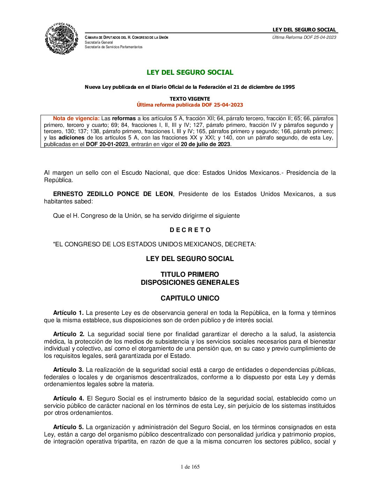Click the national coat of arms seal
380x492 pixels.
pos(61,38)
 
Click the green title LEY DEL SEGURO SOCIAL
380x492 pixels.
pos(190,72)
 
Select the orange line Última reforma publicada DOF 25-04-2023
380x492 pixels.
pos(190,105)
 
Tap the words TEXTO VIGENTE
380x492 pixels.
pos(190,99)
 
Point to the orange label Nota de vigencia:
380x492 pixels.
pos(76,118)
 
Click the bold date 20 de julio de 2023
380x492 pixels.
pos(205,144)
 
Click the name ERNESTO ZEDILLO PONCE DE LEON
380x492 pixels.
pos(113,194)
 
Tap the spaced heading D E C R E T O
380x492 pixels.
pos(190,230)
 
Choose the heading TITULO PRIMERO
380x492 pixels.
pos(190,274)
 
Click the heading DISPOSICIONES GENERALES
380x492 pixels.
pos(190,282)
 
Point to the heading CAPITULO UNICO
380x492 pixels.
pos(190,298)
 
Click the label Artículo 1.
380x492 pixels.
pos(68,313)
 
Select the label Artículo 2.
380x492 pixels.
pos(68,334)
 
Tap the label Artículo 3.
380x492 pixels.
pos(68,370)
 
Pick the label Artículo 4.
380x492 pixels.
pos(68,398)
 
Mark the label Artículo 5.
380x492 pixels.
pos(68,427)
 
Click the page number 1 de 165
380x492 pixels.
pos(190,467)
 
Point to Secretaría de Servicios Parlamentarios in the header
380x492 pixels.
pos(114,47)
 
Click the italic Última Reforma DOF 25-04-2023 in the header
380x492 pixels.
pos(304,37)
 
